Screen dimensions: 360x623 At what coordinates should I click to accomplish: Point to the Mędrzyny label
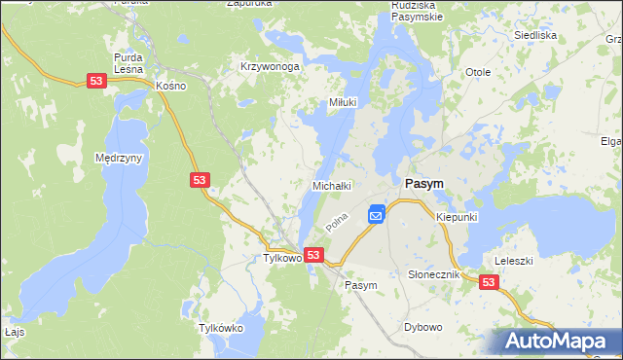[x=120, y=157]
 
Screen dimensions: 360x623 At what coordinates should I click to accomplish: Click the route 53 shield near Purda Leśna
[x=95, y=83]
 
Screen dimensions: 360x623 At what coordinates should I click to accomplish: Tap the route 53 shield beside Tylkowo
[x=313, y=254]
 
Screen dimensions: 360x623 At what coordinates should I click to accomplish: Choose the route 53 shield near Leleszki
[x=489, y=281]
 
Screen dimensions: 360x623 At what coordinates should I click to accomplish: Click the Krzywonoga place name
[x=270, y=67]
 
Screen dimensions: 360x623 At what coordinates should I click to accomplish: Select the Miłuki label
[x=343, y=102]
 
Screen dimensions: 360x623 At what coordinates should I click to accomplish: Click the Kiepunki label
[x=457, y=217]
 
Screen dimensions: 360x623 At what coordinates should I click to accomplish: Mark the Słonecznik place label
[x=432, y=275]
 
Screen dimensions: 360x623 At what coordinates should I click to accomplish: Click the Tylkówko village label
[x=220, y=329]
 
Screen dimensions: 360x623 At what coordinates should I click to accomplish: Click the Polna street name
[x=337, y=223]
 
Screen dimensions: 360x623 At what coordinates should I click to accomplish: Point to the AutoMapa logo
[x=557, y=341]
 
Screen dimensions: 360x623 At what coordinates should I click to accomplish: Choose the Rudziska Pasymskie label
[x=418, y=9]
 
